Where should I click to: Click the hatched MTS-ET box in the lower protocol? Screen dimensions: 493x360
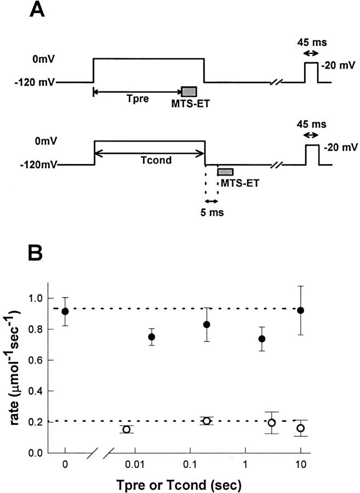point(225,172)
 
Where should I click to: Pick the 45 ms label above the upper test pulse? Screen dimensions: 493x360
point(311,42)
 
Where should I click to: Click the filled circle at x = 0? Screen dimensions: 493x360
point(65,311)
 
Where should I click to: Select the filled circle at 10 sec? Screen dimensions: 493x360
point(300,310)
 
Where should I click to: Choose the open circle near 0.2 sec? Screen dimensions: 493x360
point(207,421)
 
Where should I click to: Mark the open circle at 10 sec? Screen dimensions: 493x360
point(300,428)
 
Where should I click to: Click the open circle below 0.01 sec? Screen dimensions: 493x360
point(127,429)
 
